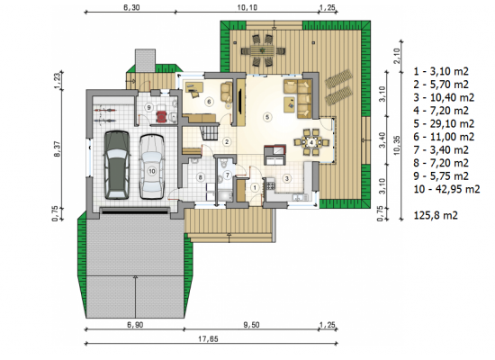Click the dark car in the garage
click(x=116, y=165)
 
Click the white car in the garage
click(x=151, y=166)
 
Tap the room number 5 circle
click(x=267, y=118)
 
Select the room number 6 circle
click(x=209, y=102)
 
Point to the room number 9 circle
click(x=149, y=107)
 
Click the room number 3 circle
click(x=286, y=179)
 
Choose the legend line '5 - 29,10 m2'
click(x=444, y=124)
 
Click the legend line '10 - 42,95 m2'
click(x=446, y=189)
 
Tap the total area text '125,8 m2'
click(x=436, y=215)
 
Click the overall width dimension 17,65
click(x=208, y=339)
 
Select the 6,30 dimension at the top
click(x=131, y=7)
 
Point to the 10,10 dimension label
click(x=247, y=7)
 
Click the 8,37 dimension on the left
click(x=58, y=148)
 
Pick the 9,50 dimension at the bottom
click(x=251, y=325)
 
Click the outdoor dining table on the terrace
click(x=263, y=50)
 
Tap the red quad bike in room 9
click(x=162, y=116)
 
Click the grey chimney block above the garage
click(x=145, y=60)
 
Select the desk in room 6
click(x=193, y=86)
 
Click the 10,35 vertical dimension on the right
click(x=397, y=145)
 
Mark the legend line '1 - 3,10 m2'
click(x=441, y=71)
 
